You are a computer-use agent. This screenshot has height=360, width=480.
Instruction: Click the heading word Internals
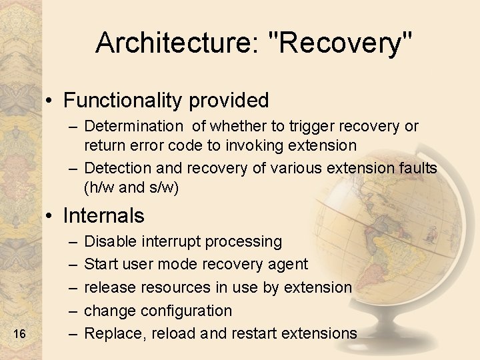click(103, 216)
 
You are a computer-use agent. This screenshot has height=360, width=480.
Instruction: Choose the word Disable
click(110, 241)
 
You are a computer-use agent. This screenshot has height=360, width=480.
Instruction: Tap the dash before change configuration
click(71, 311)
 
